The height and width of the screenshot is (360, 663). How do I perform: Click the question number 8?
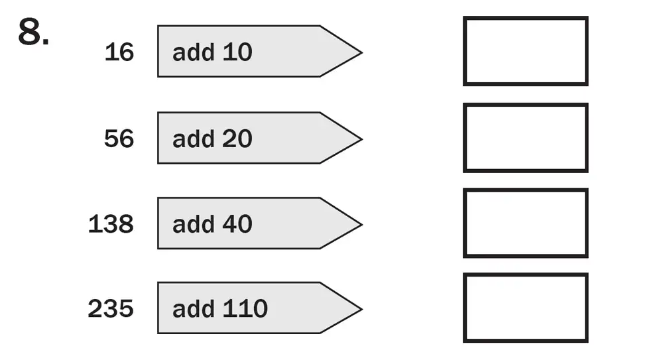coord(32,33)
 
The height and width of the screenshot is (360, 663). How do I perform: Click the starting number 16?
coord(119,52)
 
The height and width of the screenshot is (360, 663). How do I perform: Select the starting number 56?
coord(119,139)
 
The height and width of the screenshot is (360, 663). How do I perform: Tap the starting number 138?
coord(111,224)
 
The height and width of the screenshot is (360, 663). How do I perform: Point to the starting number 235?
coord(111,309)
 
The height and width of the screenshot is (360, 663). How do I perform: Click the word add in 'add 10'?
coord(192,52)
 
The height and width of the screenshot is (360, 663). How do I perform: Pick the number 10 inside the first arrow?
coord(237,52)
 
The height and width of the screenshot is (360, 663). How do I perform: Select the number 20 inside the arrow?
coord(237,139)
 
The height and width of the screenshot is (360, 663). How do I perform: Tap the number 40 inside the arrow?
coord(237,224)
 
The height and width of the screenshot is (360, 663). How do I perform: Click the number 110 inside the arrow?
coord(244,309)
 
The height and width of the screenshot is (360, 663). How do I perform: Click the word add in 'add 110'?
coord(192,309)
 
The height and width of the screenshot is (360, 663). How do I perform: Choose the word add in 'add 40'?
coord(192,224)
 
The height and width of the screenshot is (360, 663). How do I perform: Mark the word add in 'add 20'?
coord(192,139)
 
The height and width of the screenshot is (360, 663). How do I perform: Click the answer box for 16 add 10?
coord(525,52)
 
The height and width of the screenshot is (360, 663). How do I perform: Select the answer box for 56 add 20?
coord(525,138)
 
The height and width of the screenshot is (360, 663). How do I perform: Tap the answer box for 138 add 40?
coord(525,223)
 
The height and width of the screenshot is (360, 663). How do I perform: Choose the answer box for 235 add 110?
coord(525,308)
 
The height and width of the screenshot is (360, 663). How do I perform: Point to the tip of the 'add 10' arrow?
coord(359,52)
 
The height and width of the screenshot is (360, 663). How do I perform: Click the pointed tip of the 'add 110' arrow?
coord(359,308)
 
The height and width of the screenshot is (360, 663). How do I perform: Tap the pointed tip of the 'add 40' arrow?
coord(359,223)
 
